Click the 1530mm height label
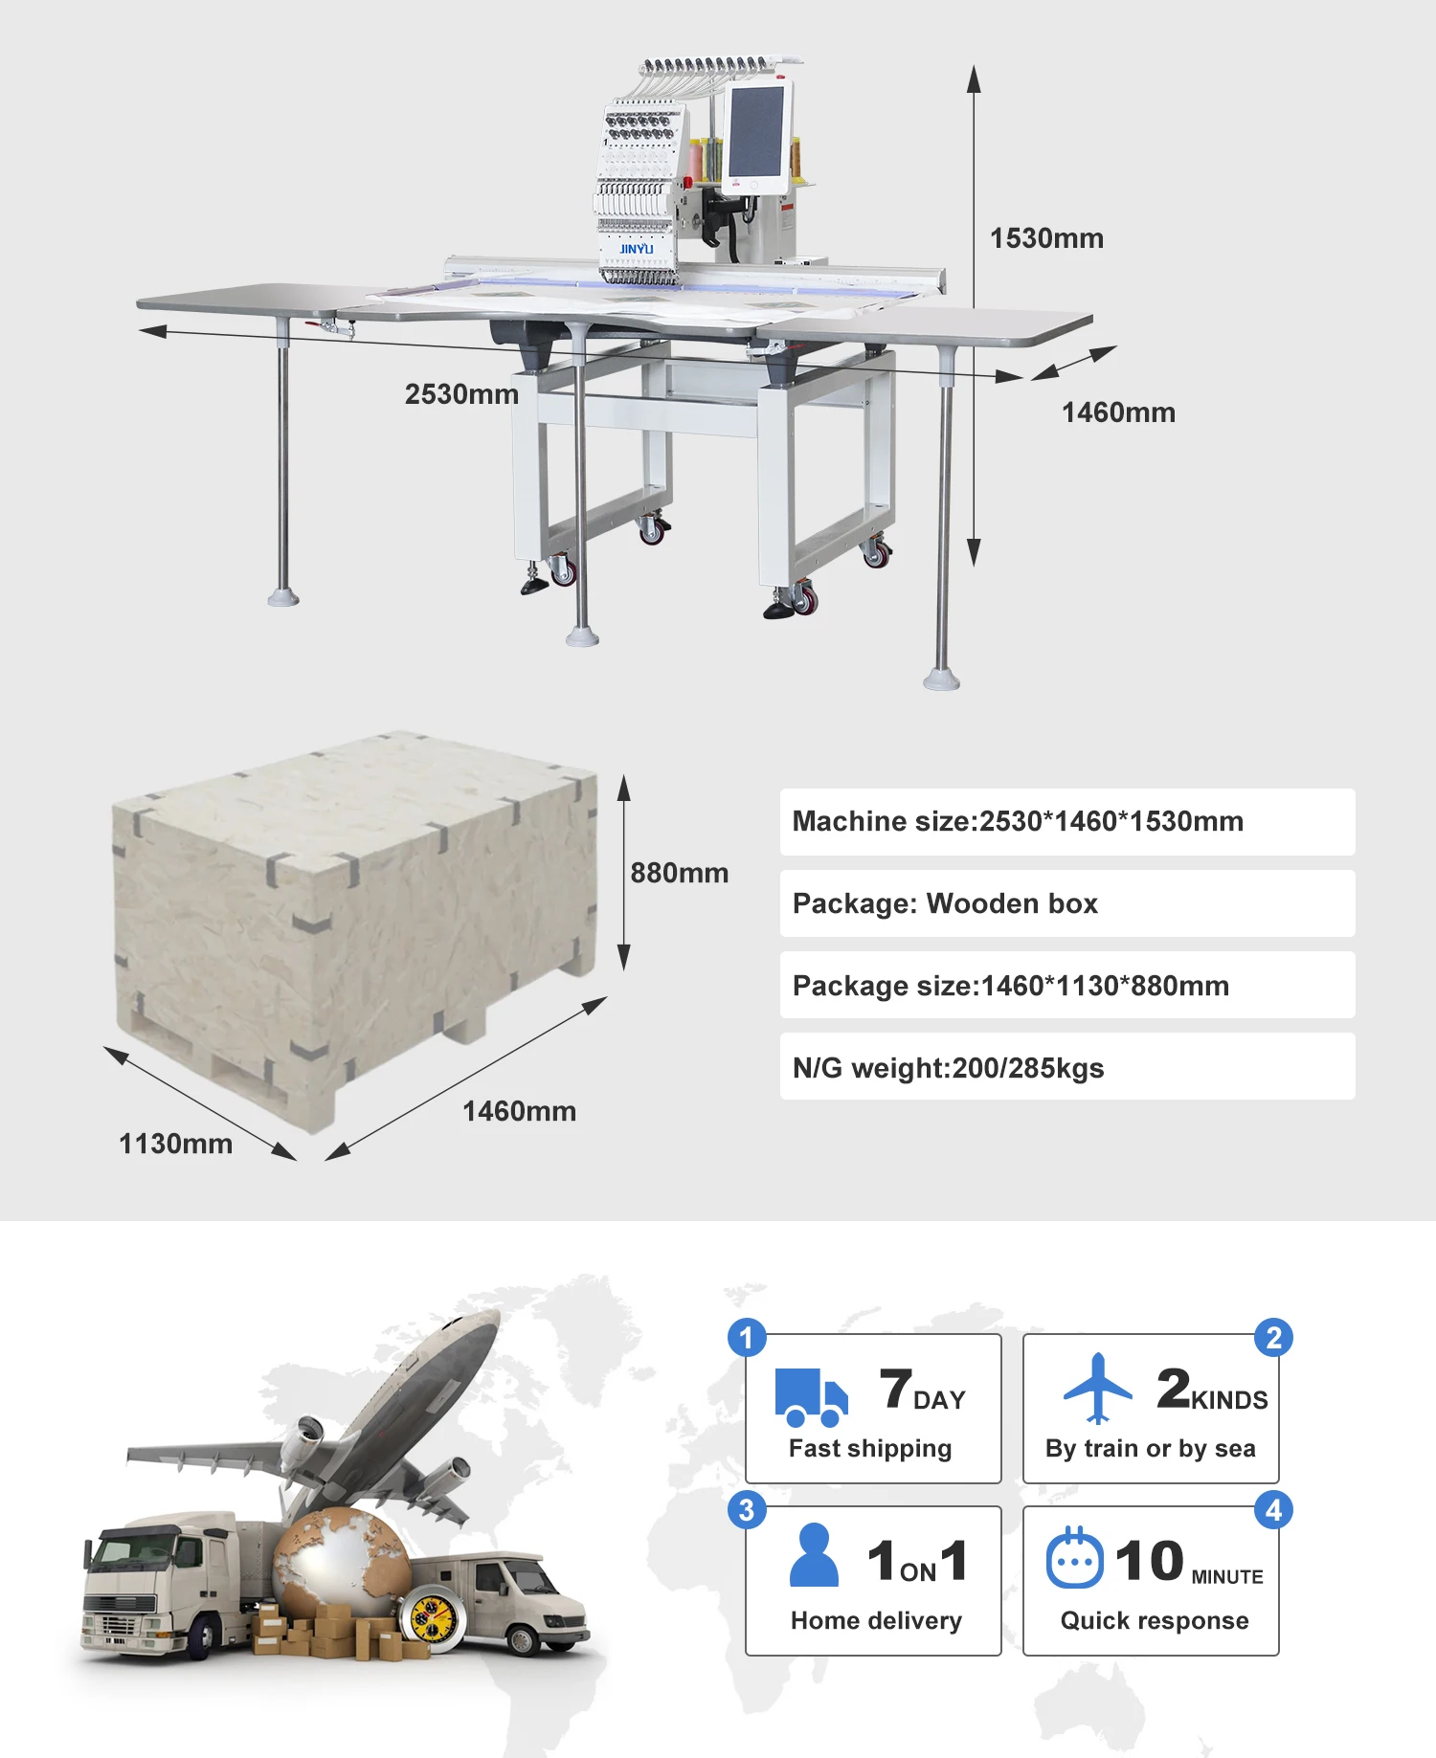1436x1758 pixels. pos(1046,238)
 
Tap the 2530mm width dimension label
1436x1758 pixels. pos(461,394)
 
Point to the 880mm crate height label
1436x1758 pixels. pos(679,873)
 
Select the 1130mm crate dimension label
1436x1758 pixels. pos(175,1144)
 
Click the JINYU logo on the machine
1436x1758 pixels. pos(636,249)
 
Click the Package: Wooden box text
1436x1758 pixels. pos(945,903)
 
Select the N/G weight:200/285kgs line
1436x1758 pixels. pos(948,1068)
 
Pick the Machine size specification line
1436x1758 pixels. pos(1018,821)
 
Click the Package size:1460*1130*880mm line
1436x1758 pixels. pos(1011,986)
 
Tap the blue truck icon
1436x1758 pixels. pos(811,1397)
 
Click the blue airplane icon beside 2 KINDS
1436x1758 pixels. pos(1098,1389)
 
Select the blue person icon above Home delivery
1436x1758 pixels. pos(814,1555)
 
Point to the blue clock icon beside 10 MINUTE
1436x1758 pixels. pos(1075,1558)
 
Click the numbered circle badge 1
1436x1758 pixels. pos(747,1338)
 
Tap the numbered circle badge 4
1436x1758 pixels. pos(1273,1510)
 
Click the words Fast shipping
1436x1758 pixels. pos(870,1449)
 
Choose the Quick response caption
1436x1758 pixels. pos(1155,1620)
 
